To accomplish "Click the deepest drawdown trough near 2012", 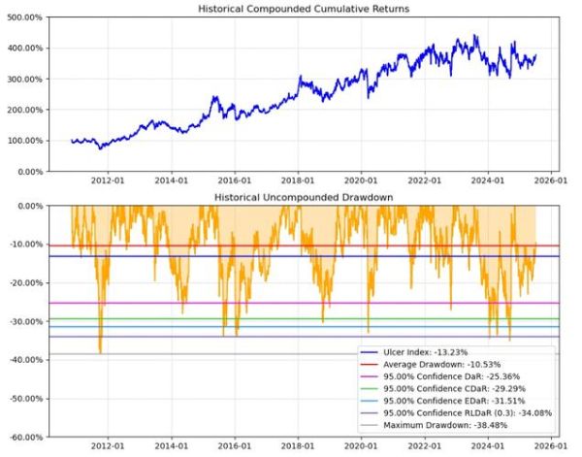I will (100, 352).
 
